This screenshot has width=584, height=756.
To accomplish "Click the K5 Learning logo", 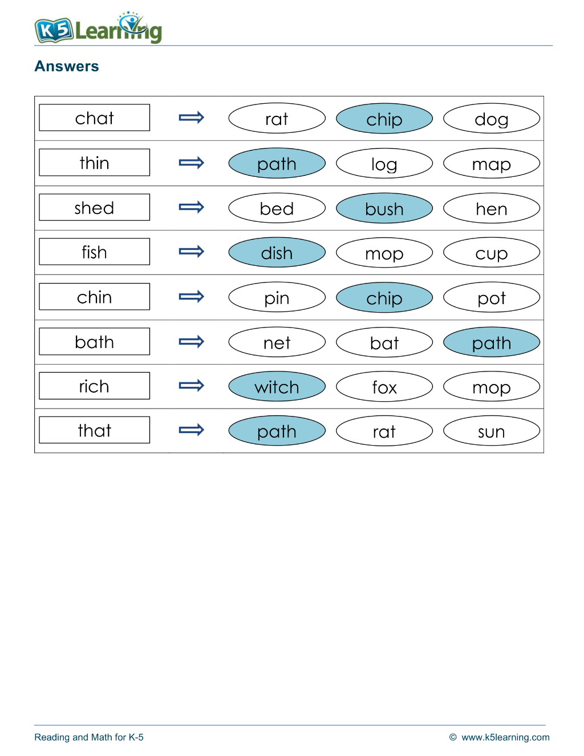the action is (x=98, y=28).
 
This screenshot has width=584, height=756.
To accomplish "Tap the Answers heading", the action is (x=67, y=66).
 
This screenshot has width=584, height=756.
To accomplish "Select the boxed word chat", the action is (x=94, y=118).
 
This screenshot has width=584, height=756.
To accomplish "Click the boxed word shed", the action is (x=94, y=207).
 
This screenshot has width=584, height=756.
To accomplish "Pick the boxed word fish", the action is (x=94, y=252).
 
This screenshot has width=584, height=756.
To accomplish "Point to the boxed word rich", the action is (x=94, y=386).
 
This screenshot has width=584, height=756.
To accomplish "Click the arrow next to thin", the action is (x=191, y=163).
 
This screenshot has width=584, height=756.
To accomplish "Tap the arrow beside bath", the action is (x=191, y=342).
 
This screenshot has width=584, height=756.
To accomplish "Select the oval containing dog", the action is (x=492, y=118).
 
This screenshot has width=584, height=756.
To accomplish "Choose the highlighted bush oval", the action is (x=384, y=208).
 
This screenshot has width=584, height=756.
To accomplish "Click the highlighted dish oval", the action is (x=277, y=253).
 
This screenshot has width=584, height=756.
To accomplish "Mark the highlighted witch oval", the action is (x=277, y=386).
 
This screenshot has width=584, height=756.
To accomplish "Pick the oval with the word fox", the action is (x=384, y=386).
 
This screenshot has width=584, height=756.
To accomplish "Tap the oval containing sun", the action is (x=492, y=431).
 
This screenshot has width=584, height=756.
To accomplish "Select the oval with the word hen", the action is (x=492, y=208).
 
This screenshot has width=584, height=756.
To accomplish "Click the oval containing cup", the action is (x=492, y=253).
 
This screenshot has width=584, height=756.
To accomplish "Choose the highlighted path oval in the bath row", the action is (x=492, y=342).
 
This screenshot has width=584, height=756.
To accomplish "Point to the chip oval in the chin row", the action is (x=384, y=297).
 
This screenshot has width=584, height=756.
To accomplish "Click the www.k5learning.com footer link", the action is (x=505, y=737).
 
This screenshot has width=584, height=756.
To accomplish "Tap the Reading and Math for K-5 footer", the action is (x=88, y=737).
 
